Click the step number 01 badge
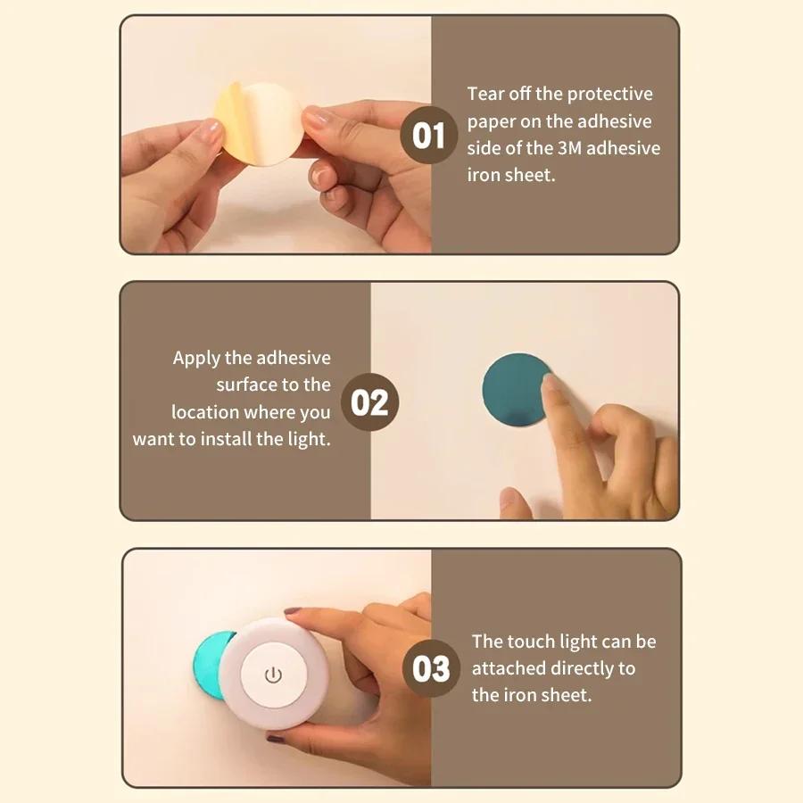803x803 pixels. pyautogui.click(x=429, y=136)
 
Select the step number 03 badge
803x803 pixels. pyautogui.click(x=432, y=668)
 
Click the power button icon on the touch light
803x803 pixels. pyautogui.click(x=273, y=675)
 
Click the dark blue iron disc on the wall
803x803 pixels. pyautogui.click(x=513, y=393)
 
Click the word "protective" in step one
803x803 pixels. pyautogui.click(x=609, y=95)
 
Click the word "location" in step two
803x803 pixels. pyautogui.click(x=205, y=412)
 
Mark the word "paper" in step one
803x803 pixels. pyautogui.click(x=492, y=121)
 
